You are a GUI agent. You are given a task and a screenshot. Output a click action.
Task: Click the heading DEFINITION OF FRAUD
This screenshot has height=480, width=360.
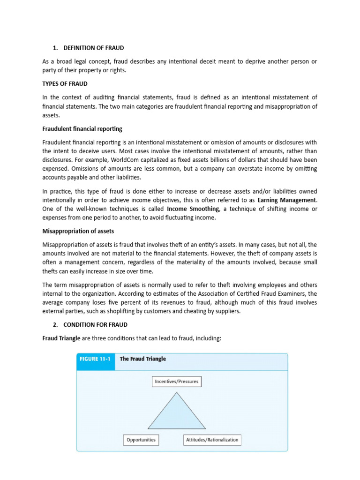[x=94, y=48]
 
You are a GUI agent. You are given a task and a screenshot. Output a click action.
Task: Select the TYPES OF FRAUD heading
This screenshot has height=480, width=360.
[x=65, y=83]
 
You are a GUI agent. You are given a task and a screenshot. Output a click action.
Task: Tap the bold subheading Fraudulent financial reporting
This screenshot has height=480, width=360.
[x=82, y=129]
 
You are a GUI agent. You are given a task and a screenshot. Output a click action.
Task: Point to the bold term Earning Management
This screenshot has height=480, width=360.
[x=287, y=200]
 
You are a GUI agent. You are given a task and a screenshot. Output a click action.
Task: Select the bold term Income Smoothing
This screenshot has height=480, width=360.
[x=193, y=209]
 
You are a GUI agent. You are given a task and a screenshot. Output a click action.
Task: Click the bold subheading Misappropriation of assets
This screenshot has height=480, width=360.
[x=78, y=231]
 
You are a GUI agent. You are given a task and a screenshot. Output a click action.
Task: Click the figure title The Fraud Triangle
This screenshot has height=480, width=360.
[x=142, y=359]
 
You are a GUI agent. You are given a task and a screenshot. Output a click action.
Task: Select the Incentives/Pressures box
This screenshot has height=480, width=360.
[x=176, y=381]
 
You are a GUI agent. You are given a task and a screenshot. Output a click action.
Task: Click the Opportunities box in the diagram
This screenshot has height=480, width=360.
[x=141, y=440]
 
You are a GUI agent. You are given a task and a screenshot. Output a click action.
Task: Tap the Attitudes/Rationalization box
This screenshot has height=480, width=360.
[x=212, y=440]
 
